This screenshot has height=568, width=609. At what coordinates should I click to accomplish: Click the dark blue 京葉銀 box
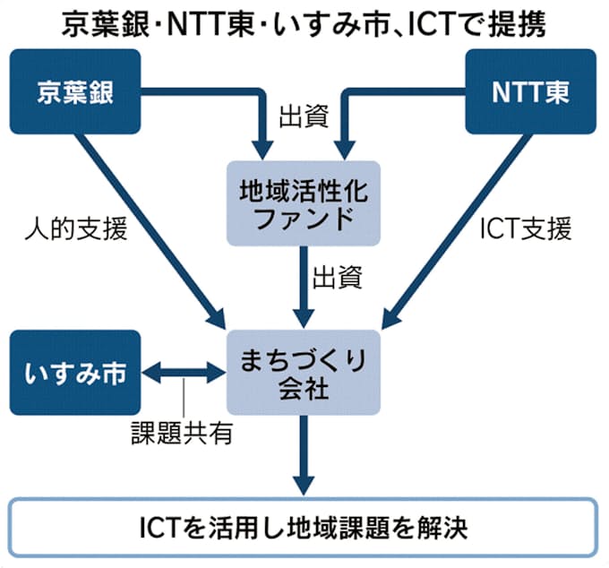click(x=77, y=92)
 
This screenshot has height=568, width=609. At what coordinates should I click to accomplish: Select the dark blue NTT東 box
click(x=529, y=92)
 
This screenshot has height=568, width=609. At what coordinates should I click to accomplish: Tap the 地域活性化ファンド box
click(x=304, y=205)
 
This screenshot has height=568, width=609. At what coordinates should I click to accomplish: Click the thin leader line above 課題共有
click(x=184, y=400)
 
